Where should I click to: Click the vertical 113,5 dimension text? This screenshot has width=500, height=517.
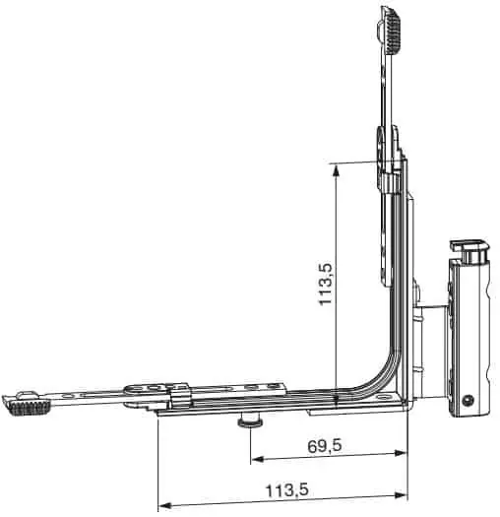click(325, 285)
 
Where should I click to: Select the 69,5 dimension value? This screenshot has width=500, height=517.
click(325, 446)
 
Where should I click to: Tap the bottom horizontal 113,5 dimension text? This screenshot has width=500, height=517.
click(287, 490)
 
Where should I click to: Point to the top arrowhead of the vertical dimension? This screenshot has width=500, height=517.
click(336, 171)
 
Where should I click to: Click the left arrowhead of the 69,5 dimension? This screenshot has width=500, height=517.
click(258, 459)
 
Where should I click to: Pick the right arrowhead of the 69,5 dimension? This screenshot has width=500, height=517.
click(402, 453)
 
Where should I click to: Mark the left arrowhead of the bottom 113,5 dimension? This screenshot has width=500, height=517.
click(164, 505)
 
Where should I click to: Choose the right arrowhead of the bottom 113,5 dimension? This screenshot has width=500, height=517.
click(402, 495)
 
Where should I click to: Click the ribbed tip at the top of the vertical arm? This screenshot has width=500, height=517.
click(392, 32)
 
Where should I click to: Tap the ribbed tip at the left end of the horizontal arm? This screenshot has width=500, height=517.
click(29, 408)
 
